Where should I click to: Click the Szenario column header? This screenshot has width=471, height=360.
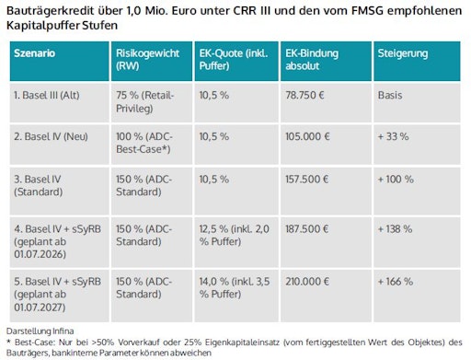pos(34,53)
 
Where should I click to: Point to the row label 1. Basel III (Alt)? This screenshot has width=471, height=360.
pos(47,95)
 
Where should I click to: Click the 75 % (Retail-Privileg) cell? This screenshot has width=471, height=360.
pos(146,100)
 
